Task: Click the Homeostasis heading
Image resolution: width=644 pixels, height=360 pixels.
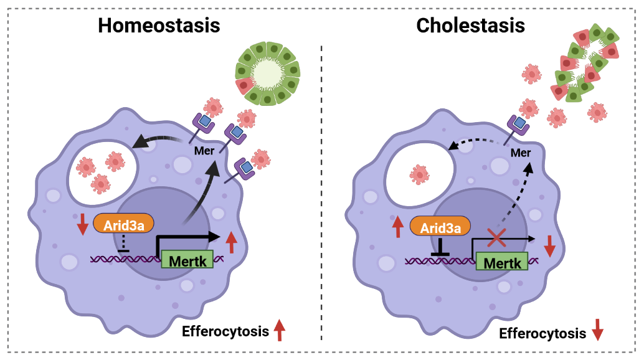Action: point(159,26)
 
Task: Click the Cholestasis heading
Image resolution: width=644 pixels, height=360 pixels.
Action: point(470,26)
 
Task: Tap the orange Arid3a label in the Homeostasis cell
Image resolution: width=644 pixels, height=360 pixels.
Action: point(123,224)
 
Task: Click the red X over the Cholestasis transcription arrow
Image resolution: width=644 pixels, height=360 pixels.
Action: point(496,238)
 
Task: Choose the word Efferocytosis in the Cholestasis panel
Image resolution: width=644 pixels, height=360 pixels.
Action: point(543,333)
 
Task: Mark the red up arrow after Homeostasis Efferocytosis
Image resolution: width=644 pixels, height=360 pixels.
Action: point(279,329)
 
